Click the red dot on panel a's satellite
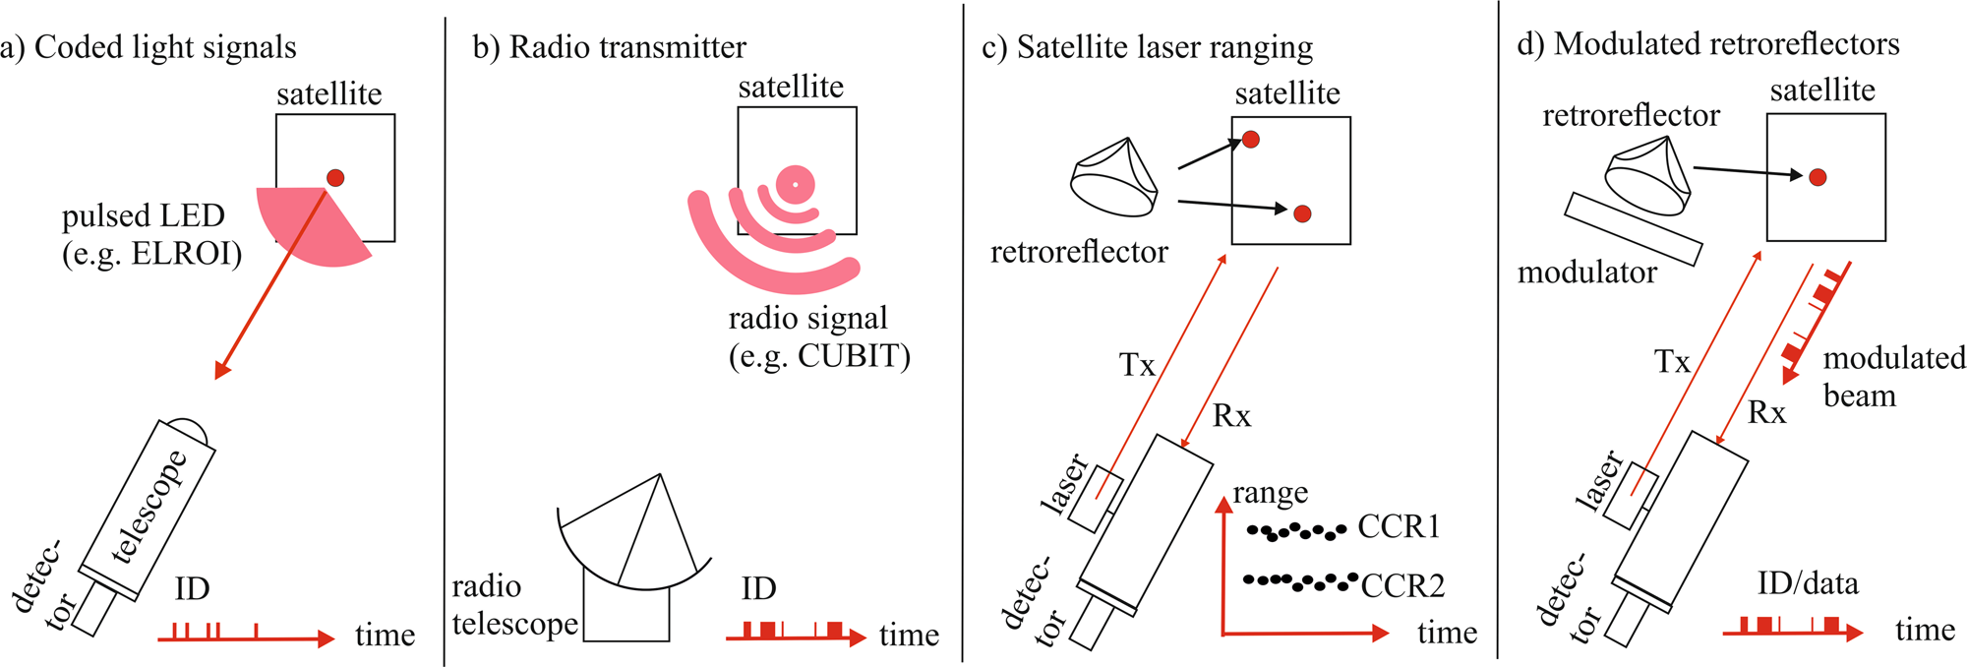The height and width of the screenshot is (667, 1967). (x=335, y=178)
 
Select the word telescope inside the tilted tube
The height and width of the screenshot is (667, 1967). (x=149, y=506)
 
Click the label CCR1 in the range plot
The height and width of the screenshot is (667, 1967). (x=1399, y=527)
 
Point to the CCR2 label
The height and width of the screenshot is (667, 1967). (x=1402, y=586)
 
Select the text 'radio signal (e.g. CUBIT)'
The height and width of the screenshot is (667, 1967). (x=818, y=336)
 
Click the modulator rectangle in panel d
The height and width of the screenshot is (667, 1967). (x=1633, y=228)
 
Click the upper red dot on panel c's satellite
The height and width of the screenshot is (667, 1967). (x=1251, y=140)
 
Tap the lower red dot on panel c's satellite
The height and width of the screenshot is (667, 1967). (x=1302, y=213)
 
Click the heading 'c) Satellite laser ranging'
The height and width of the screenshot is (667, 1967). (x=1147, y=47)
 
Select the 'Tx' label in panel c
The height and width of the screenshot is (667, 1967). (x=1137, y=366)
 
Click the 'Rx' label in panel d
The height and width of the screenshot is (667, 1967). (x=1766, y=413)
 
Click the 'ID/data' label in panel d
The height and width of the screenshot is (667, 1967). (x=1808, y=584)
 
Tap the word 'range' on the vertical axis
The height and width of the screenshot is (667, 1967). (x=1271, y=492)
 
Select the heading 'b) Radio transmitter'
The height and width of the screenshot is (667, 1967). (x=609, y=47)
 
